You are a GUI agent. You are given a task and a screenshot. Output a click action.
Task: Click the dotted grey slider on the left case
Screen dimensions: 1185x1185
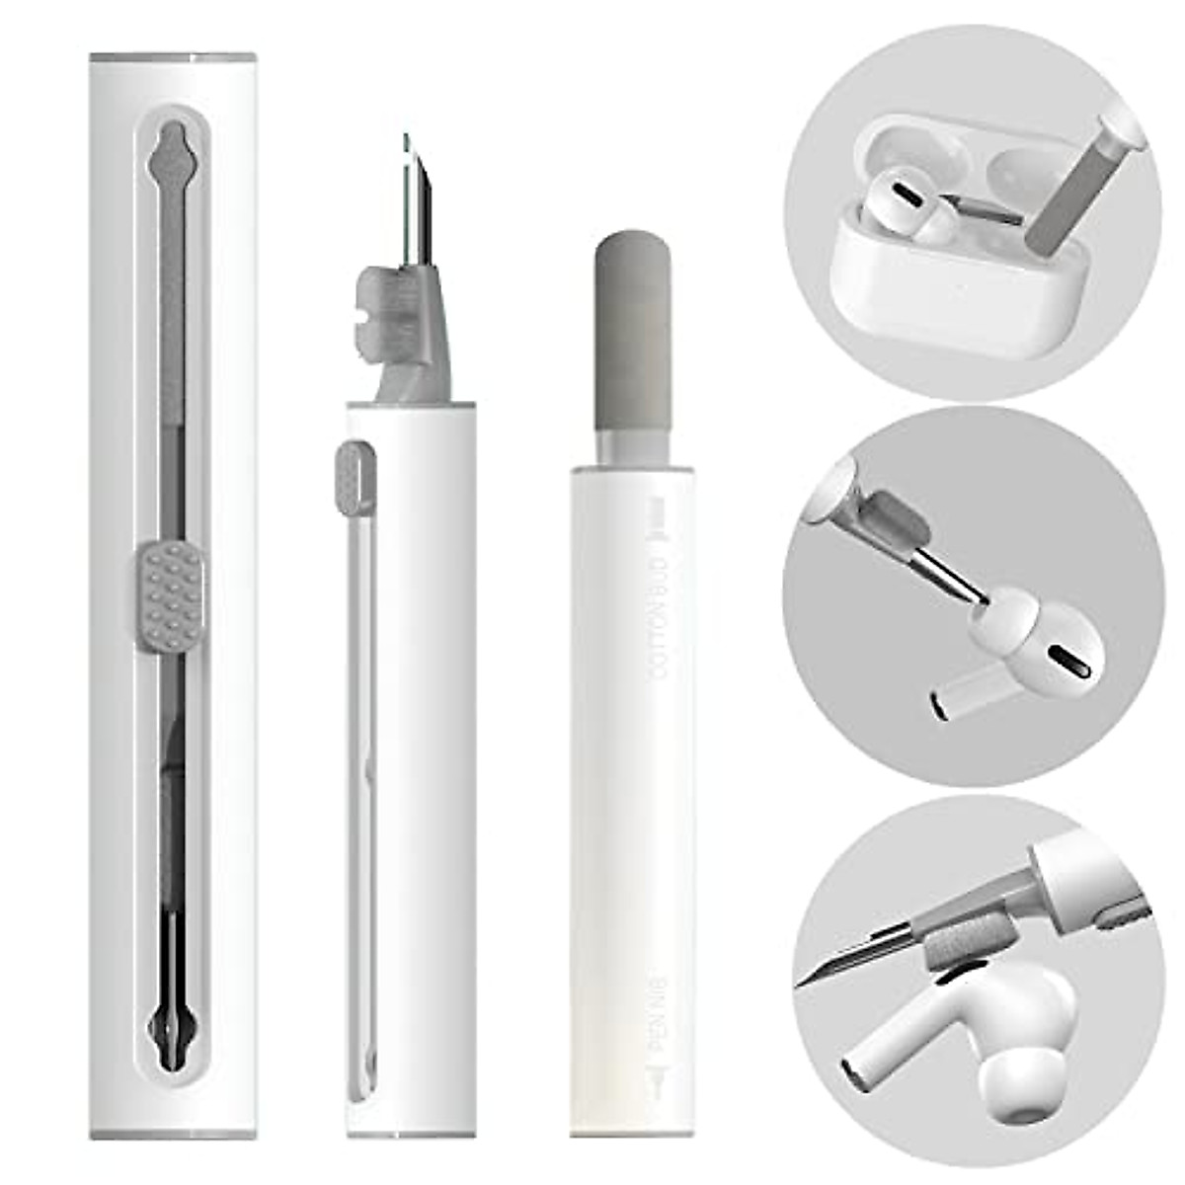click(172, 595)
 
